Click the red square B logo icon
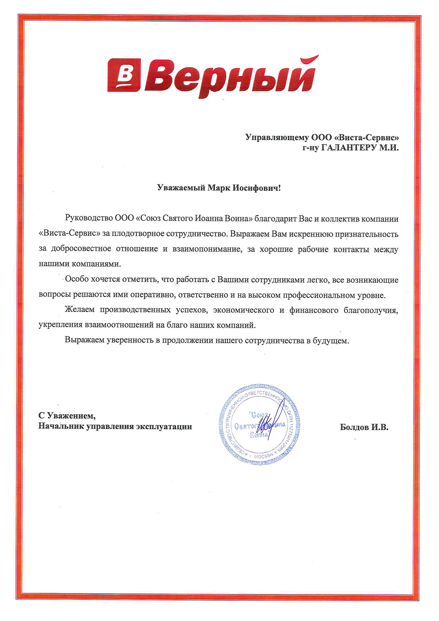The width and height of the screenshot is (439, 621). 124,75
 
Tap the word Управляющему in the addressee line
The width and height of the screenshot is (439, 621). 276,137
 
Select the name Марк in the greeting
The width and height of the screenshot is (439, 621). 218,188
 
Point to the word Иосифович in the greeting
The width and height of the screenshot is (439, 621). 256,188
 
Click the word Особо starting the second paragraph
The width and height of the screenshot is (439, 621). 76,280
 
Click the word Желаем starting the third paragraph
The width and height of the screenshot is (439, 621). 80,310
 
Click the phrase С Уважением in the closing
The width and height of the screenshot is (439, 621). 67,415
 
